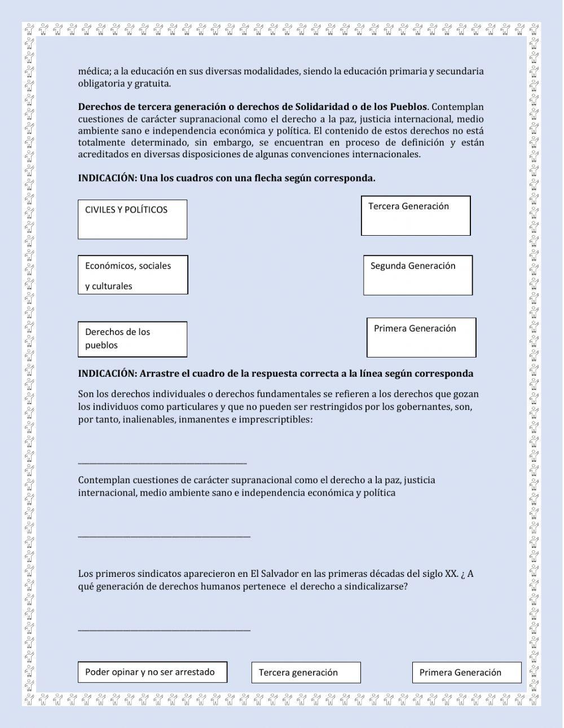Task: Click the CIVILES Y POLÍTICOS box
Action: (x=132, y=219)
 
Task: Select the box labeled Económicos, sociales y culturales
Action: (x=133, y=275)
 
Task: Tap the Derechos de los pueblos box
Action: (x=132, y=339)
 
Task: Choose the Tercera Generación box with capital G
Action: (x=416, y=215)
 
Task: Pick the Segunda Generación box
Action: (x=418, y=275)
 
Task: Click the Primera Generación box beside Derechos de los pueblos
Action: (x=421, y=337)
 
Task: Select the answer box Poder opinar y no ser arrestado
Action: (x=152, y=672)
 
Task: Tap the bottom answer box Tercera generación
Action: (x=306, y=672)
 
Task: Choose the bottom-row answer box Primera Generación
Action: (x=466, y=672)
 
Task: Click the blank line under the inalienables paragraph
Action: (x=162, y=462)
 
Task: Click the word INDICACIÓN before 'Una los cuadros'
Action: (x=107, y=178)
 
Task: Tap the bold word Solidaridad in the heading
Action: (x=323, y=107)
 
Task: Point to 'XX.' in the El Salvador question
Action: (x=451, y=574)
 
